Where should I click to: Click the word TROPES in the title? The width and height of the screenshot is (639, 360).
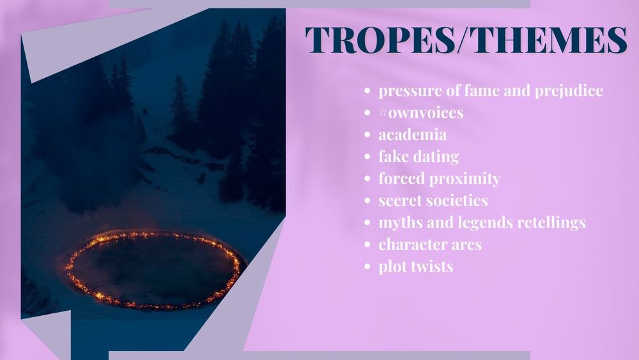point(380,40)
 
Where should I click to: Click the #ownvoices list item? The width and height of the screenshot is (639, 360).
point(421,113)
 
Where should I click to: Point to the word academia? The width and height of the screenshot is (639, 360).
point(412,134)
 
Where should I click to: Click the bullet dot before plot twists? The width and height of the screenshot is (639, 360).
point(367,267)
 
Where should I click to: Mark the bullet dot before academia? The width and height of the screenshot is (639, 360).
point(367,135)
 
